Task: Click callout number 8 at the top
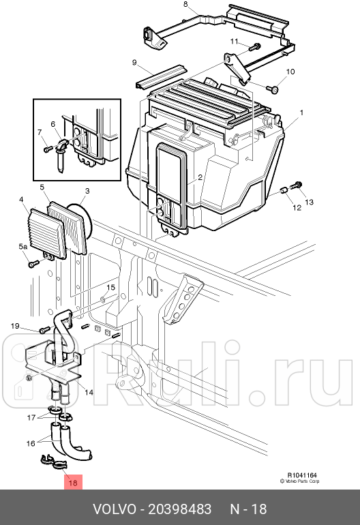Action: pos(185,5)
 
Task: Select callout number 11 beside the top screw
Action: pos(234,42)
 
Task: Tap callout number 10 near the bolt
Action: pos(290,72)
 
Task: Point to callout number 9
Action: pos(135,63)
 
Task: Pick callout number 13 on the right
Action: pos(308,202)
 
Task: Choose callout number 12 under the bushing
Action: pos(297,207)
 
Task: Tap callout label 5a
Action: pos(23,246)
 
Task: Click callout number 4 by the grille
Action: pos(22,200)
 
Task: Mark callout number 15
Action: pos(110,288)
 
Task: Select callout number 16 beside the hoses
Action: pos(31,443)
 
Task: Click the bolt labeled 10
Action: pos(273,89)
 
